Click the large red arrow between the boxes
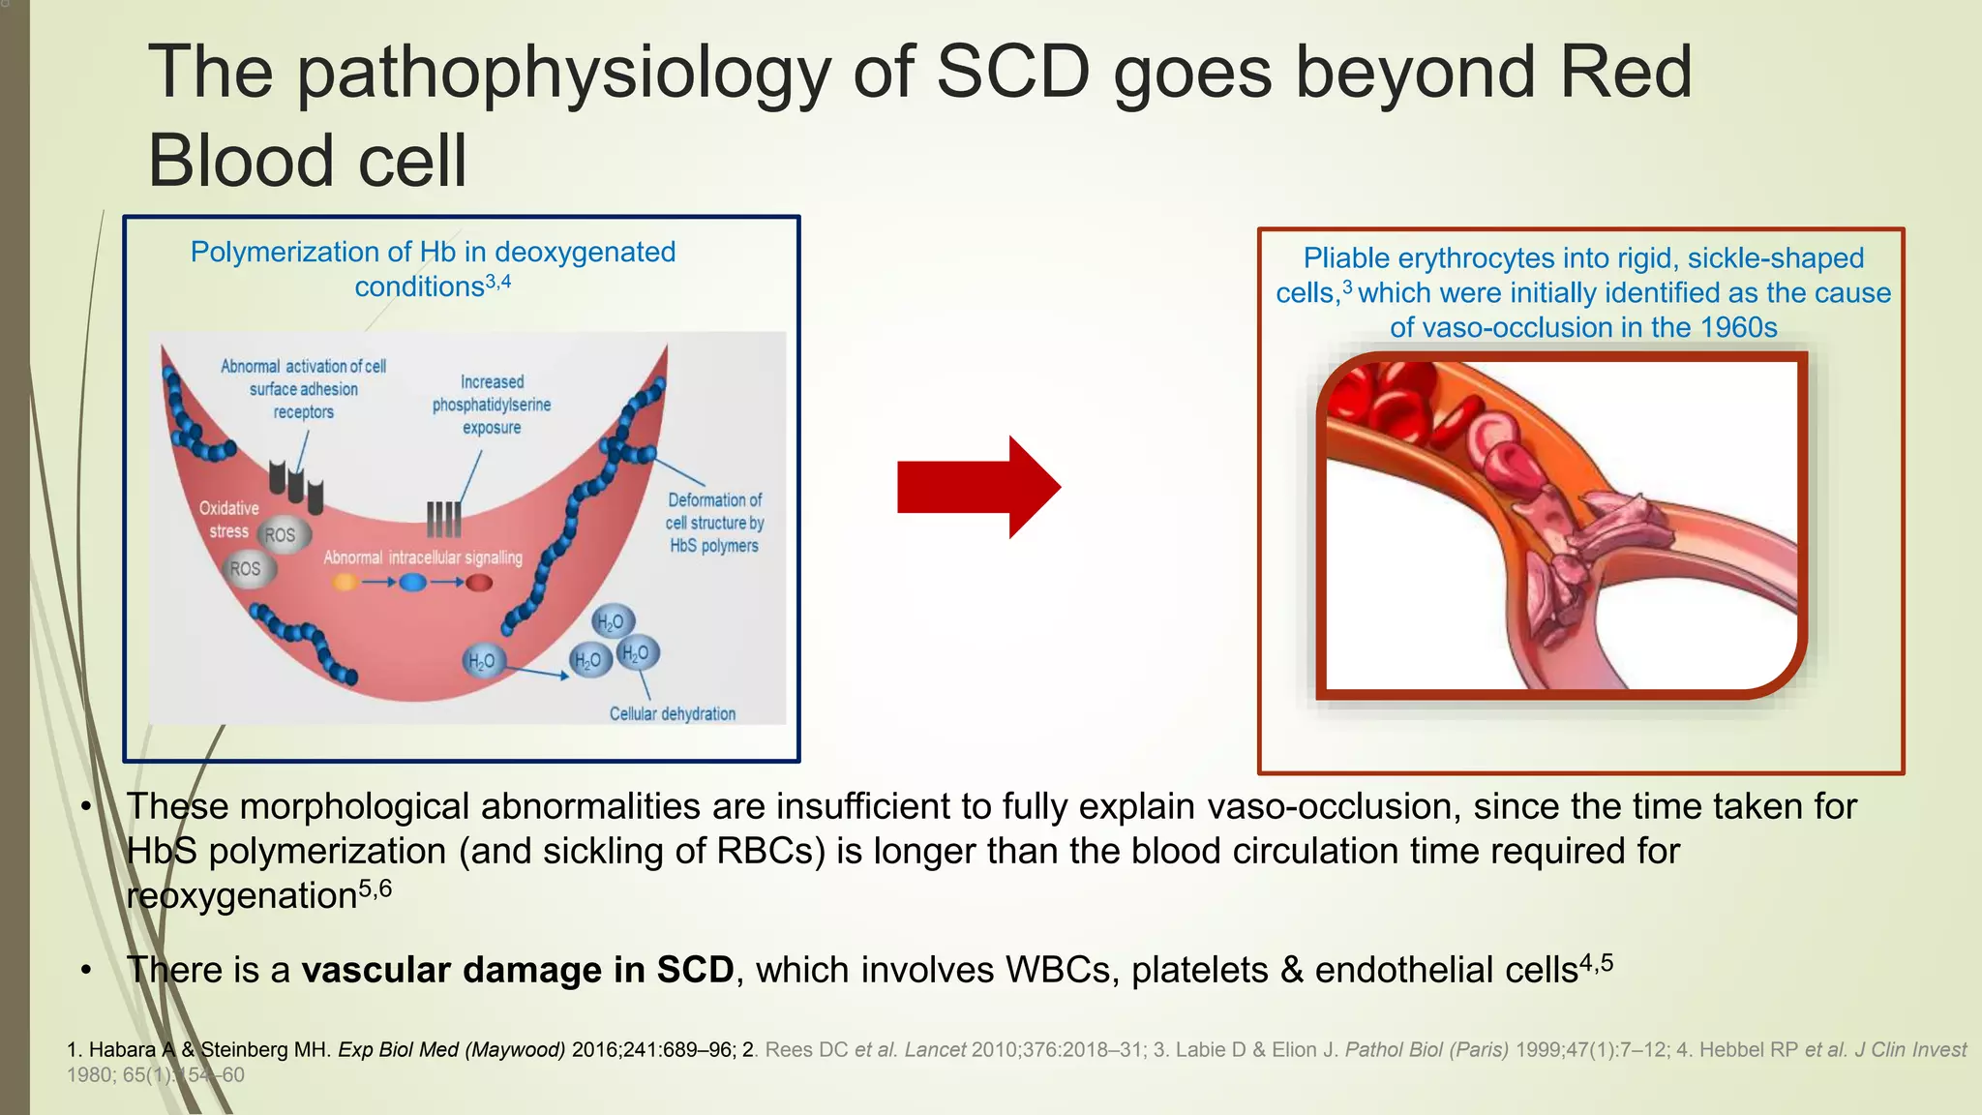[x=977, y=487]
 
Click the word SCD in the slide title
[x=1013, y=73]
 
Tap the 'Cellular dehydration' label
[x=672, y=714]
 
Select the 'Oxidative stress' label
[x=228, y=520]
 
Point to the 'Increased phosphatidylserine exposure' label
[x=492, y=405]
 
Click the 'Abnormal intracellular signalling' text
[x=423, y=557]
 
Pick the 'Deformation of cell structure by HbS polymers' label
[x=714, y=523]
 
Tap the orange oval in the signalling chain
[x=345, y=583]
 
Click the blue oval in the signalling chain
[x=413, y=583]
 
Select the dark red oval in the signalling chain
[x=480, y=583]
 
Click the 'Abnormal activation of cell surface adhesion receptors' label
[x=303, y=389]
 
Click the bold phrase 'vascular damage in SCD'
[x=518, y=970]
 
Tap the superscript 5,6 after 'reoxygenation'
[x=375, y=889]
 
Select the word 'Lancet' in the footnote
[x=935, y=1050]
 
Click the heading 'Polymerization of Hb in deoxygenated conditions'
[x=433, y=268]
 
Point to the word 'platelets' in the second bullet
[x=1199, y=970]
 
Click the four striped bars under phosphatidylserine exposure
[x=444, y=520]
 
